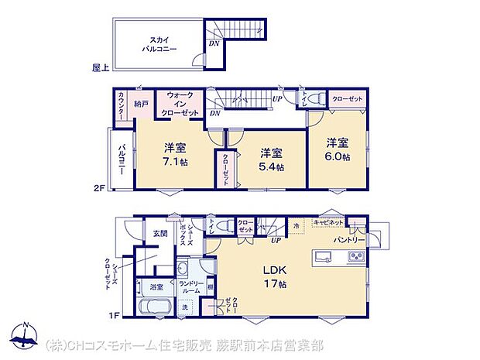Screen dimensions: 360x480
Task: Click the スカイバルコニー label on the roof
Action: pyautogui.click(x=159, y=43)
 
